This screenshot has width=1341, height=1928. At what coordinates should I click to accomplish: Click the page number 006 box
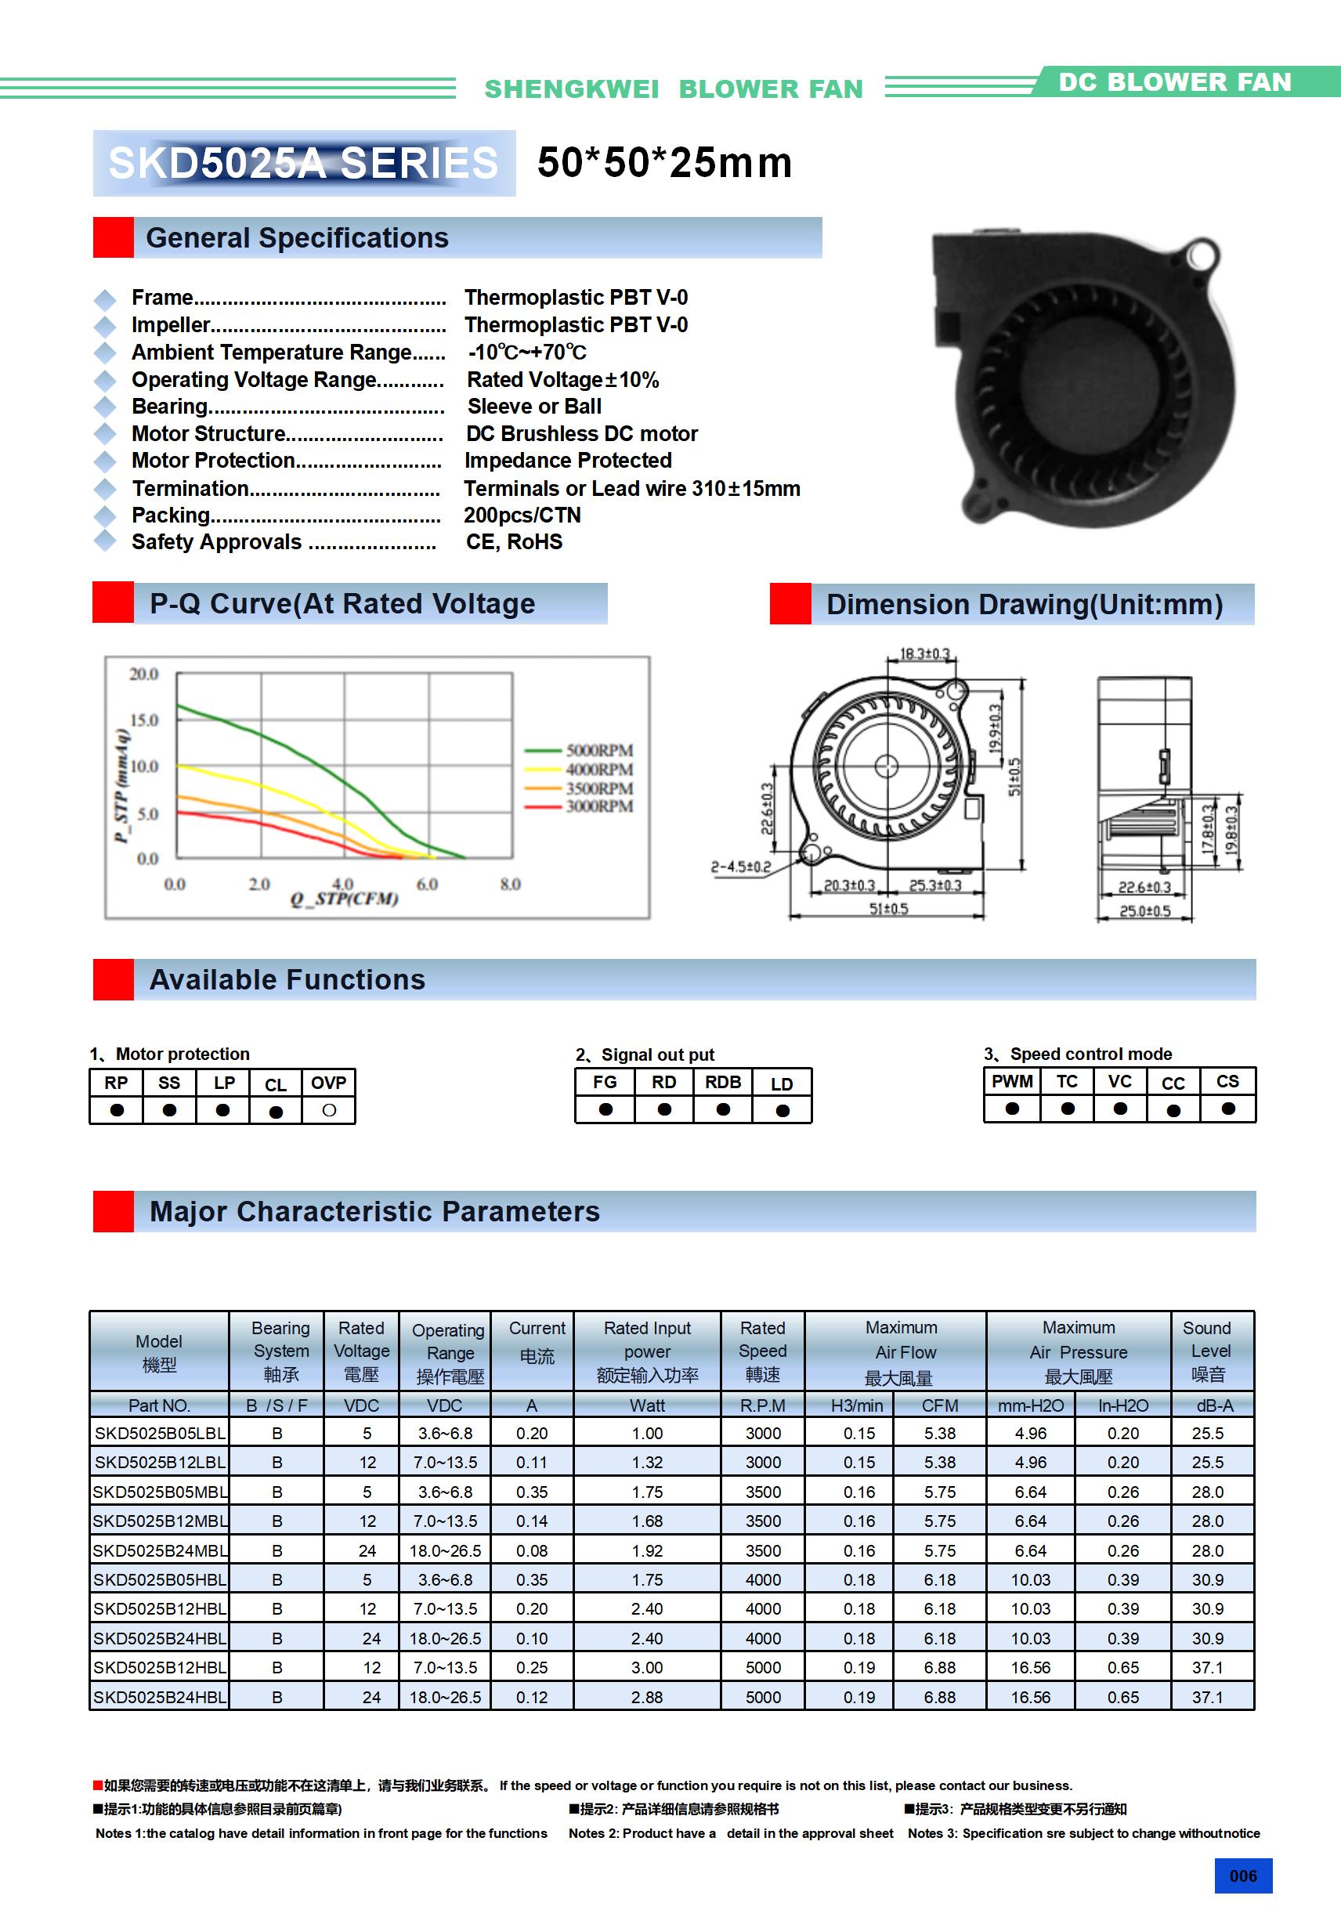pos(1243,1876)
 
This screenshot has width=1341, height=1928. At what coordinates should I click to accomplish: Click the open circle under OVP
pos(329,1110)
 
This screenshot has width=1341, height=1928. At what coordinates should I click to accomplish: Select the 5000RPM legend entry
pos(598,750)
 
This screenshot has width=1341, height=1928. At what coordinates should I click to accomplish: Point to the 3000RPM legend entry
pos(598,806)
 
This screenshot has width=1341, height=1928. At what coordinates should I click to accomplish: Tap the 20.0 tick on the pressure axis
pos(143,674)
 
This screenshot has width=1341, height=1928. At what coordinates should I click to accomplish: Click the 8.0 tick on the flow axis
pos(510,884)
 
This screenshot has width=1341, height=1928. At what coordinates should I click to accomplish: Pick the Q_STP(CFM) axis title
pos(345,899)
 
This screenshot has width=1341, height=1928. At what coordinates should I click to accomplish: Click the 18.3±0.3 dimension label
pos(924,653)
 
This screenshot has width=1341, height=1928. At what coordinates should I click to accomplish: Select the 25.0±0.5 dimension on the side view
pos(1144,911)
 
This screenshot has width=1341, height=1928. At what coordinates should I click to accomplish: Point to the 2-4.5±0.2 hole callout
pos(741,866)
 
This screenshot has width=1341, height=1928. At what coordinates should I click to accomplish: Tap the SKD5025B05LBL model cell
pos(160,1434)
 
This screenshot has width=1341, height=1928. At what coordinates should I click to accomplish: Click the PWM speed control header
pos(1012,1082)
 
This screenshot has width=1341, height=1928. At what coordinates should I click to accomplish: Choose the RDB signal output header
pos(722,1083)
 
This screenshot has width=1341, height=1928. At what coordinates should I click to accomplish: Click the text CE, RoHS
pos(514,541)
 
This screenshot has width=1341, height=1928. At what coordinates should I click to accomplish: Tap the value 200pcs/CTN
pos(522,515)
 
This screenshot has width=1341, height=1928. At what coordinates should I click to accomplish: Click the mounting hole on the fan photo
pos(1202,253)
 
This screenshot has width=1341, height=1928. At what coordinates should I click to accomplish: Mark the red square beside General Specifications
pos(114,237)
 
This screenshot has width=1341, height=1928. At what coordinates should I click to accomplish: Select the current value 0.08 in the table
pos(532,1551)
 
